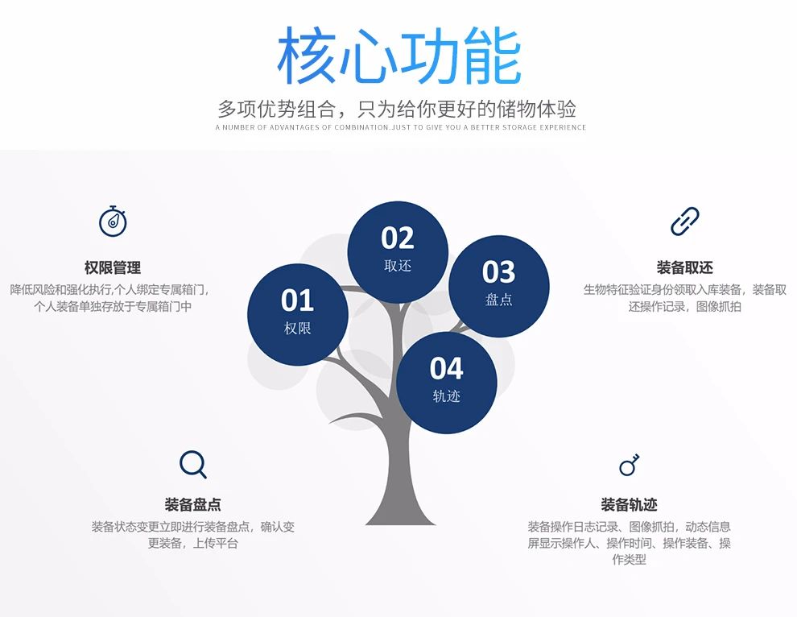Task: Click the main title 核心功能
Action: [x=399, y=55]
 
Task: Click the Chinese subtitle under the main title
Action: [x=397, y=109]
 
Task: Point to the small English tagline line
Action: [x=401, y=127]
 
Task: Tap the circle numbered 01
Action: [x=298, y=314]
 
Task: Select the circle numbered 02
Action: [x=398, y=252]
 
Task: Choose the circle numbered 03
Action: [x=498, y=286]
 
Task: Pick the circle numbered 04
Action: [x=446, y=383]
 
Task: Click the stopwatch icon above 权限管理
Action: [x=113, y=222]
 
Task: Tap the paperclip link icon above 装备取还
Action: [x=684, y=222]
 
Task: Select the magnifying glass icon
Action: [x=192, y=464]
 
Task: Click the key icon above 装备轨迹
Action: [x=629, y=465]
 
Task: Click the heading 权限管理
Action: [x=113, y=267]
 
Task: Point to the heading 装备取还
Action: [x=684, y=267]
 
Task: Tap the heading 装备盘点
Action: [x=192, y=504]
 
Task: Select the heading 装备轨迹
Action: [x=629, y=504]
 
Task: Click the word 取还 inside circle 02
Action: [x=398, y=266]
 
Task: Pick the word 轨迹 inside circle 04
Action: [x=446, y=395]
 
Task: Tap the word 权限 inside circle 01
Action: [x=297, y=328]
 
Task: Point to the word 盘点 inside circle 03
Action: [x=498, y=299]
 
